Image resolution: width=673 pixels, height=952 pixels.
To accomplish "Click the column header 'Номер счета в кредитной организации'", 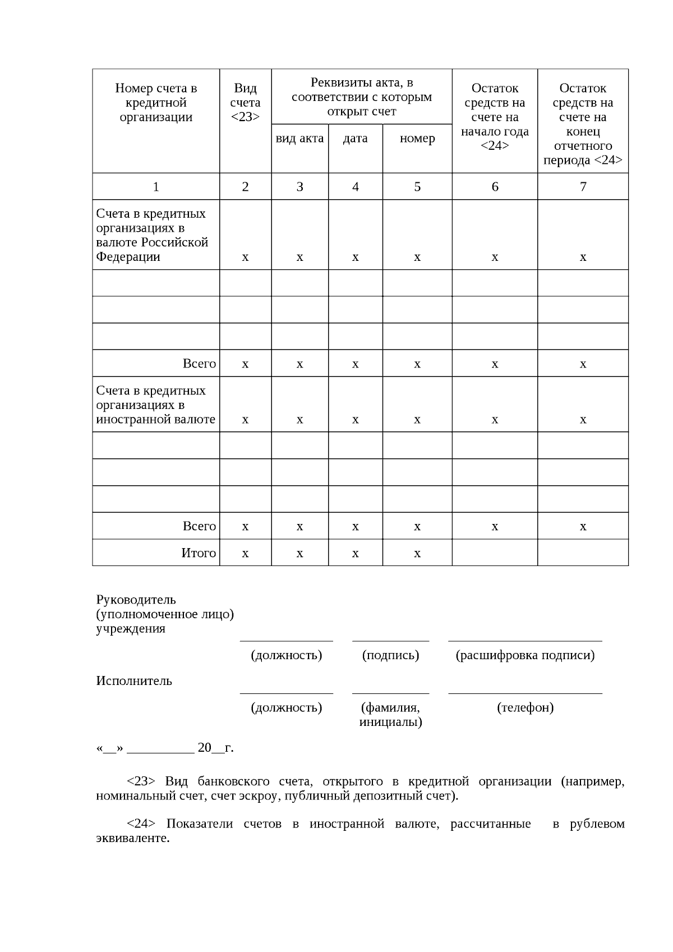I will (156, 103).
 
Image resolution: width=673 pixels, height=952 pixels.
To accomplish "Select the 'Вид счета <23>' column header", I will (245, 103).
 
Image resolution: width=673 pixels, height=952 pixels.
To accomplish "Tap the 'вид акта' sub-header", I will (299, 139).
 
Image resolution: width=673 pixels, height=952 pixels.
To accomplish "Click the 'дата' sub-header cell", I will (355, 139).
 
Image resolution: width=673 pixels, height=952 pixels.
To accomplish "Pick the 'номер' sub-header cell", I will (417, 139).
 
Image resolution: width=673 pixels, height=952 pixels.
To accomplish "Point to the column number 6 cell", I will (495, 187).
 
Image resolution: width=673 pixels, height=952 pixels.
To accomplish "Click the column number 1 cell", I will (156, 187).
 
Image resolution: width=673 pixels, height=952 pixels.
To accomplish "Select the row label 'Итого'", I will (199, 553).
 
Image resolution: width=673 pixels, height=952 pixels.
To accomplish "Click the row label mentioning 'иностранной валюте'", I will (155, 405).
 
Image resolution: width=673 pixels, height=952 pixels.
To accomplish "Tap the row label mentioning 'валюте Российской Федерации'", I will (152, 236).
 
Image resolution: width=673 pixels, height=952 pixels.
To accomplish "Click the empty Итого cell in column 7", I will (583, 553).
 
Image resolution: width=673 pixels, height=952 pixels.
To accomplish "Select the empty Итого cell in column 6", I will (495, 553).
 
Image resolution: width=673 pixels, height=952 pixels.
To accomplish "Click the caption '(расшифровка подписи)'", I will (525, 655).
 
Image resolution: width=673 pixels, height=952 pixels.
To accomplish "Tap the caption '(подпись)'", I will (390, 655).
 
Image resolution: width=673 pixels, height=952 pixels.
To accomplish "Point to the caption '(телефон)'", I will (525, 707).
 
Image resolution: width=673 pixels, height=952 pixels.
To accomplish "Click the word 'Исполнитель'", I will (134, 681).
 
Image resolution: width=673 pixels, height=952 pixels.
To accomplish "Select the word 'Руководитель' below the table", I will (136, 600).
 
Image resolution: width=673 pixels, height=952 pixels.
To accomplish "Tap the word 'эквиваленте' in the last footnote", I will (132, 839).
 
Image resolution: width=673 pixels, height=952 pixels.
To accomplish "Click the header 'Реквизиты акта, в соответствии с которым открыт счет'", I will (362, 97).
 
